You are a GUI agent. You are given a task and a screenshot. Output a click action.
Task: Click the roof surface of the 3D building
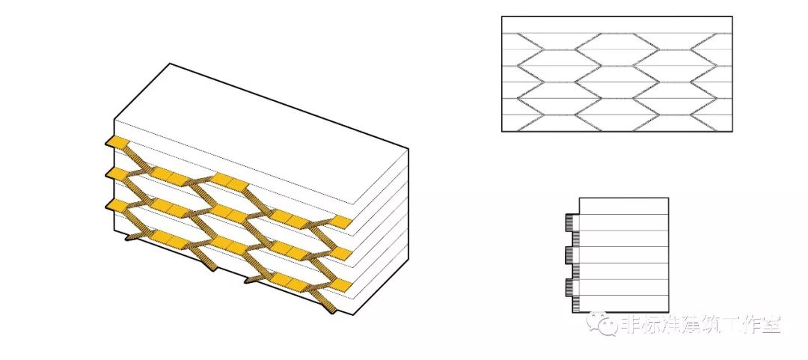254,127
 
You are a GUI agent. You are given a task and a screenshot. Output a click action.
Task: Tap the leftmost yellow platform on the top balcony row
117,142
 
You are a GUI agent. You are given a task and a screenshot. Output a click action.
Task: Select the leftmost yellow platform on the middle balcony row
117,174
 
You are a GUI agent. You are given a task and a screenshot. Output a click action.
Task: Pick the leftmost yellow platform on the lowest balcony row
117,203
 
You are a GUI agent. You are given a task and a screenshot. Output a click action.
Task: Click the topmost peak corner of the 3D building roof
171,64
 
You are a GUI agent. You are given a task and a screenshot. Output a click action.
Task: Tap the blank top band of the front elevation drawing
616,25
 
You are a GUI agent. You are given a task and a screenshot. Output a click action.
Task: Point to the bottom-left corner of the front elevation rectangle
502,132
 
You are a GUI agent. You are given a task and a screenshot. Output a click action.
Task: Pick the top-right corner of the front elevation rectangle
732,16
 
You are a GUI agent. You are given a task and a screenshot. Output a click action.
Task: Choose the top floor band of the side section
624,206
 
